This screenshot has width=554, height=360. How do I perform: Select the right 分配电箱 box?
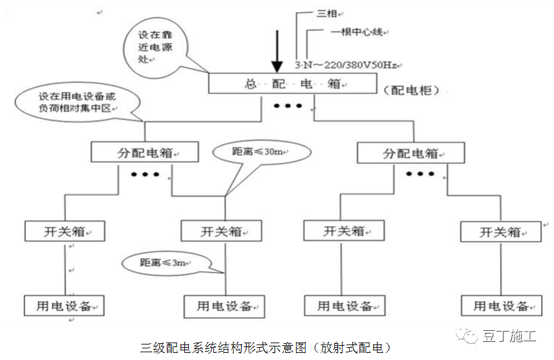pos(410,153)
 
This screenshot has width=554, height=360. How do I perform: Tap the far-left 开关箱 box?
pos(65,231)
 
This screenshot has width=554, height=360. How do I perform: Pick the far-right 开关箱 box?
pos(501,232)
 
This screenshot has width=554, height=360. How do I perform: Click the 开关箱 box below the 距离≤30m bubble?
pos(221,231)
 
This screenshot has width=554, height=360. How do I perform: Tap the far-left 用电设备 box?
pos(64,305)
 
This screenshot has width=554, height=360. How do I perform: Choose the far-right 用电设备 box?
pos(501,306)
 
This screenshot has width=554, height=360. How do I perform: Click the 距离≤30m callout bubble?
pos(261,153)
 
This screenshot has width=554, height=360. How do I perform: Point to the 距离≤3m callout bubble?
pos(167,262)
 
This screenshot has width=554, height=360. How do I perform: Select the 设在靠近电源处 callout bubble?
pos(155,46)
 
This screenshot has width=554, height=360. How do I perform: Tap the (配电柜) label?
pos(411,90)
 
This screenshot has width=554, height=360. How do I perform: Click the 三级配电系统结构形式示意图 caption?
pos(265,348)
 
